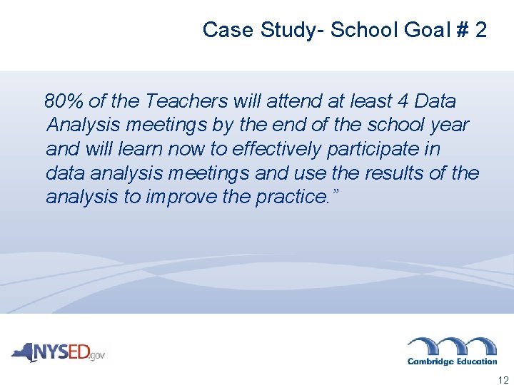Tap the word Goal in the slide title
tap(429, 30)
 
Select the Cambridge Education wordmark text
tap(452, 361)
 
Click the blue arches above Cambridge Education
tap(452, 345)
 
